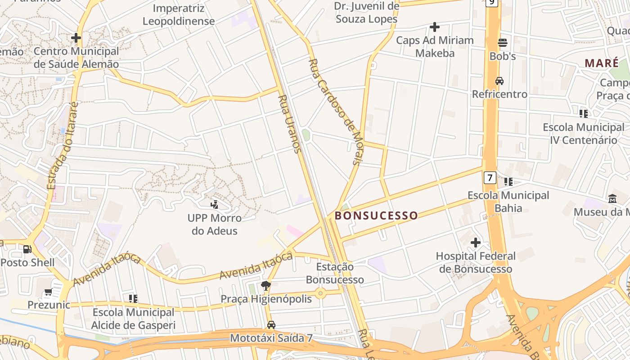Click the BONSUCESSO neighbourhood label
[x=376, y=216]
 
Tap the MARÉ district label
[x=602, y=63]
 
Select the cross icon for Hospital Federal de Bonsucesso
[x=475, y=243]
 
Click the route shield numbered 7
[x=490, y=177]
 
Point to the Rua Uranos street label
[x=289, y=124]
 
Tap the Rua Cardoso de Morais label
[x=335, y=112]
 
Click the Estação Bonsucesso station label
[x=334, y=273]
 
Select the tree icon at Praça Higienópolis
[x=266, y=285]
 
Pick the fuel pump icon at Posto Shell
[x=27, y=249]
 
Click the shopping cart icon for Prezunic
[x=48, y=292]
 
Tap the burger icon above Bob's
[x=503, y=43]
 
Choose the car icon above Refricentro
[x=499, y=81]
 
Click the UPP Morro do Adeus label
[x=215, y=224]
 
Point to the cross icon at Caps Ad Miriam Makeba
[x=434, y=27]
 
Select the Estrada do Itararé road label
[x=63, y=145]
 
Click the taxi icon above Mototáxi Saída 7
[x=271, y=324]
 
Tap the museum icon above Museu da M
[x=612, y=198]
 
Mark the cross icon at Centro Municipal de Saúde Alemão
[x=76, y=38]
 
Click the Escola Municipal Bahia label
[x=508, y=202]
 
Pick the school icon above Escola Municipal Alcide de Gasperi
[x=133, y=298]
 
